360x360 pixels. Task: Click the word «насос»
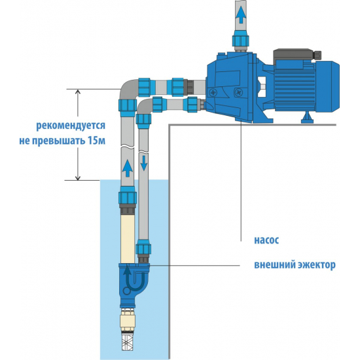266,240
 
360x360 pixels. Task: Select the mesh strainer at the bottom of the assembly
127,340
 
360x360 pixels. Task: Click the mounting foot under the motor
306,118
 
